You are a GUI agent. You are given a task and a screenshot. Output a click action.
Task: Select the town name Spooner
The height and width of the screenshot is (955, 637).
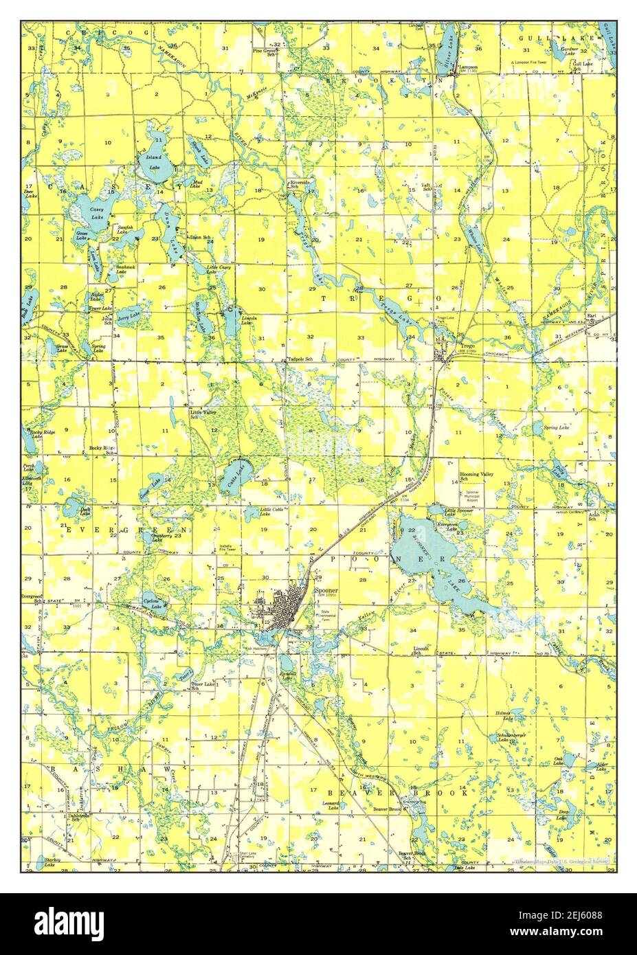(325, 589)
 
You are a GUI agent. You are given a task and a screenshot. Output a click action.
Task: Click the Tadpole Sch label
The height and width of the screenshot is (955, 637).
(300, 359)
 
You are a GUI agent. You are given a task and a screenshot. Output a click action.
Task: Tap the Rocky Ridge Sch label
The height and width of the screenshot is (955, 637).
(102, 451)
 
